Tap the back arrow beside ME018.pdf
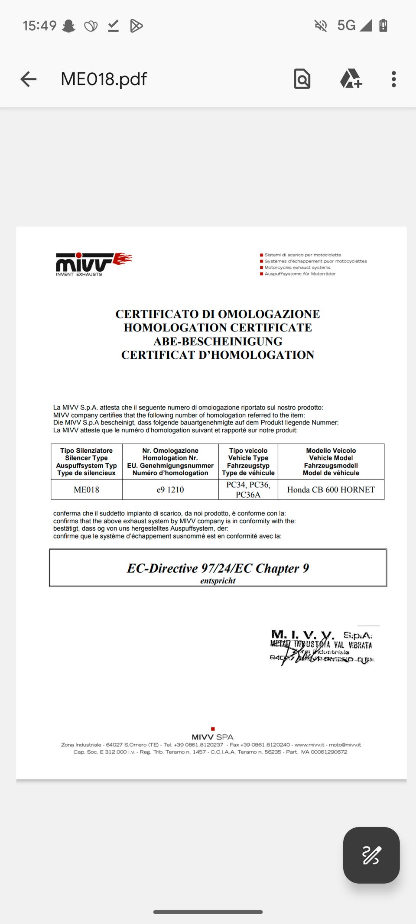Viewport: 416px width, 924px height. (x=29, y=79)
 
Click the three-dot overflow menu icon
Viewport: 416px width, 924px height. (x=393, y=79)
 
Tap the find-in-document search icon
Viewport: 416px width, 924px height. (x=302, y=79)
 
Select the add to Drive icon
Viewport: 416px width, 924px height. (x=351, y=79)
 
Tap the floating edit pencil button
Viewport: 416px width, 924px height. (x=371, y=855)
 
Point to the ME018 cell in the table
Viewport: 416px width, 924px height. (x=86, y=490)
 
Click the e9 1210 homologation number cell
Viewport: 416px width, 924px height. (x=170, y=490)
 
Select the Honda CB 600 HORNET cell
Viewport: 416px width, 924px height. (x=331, y=490)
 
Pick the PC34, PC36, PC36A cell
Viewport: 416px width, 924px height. (x=248, y=490)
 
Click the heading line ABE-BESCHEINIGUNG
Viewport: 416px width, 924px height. (x=218, y=341)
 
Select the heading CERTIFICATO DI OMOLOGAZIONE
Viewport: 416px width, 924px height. (x=218, y=314)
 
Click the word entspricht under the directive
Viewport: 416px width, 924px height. (x=218, y=581)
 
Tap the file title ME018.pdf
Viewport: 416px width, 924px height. (x=104, y=79)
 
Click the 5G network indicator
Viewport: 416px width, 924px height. (x=346, y=26)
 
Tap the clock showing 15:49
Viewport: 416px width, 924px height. (x=39, y=26)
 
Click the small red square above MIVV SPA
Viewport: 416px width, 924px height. (x=213, y=729)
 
